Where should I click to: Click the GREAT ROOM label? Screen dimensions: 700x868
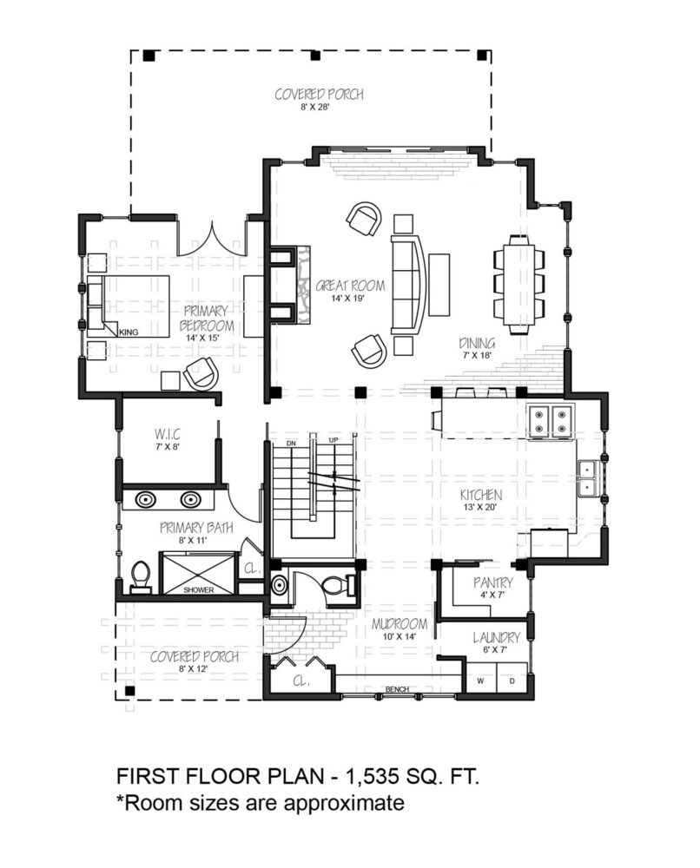pyautogui.click(x=350, y=286)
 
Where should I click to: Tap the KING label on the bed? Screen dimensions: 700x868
pyautogui.click(x=129, y=332)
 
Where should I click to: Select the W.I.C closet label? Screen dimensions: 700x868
pyautogui.click(x=168, y=433)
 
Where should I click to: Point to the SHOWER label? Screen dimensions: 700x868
pyautogui.click(x=198, y=590)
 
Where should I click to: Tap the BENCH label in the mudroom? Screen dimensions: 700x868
pyautogui.click(x=397, y=689)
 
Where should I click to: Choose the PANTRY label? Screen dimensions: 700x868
pyautogui.click(x=493, y=582)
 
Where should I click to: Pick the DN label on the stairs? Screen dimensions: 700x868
pyautogui.click(x=291, y=444)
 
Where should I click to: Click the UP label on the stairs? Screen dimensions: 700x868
pyautogui.click(x=333, y=440)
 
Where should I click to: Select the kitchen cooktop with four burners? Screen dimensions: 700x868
pyautogui.click(x=551, y=421)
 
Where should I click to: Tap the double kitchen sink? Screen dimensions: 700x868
pyautogui.click(x=586, y=478)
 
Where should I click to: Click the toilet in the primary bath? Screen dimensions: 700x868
pyautogui.click(x=141, y=578)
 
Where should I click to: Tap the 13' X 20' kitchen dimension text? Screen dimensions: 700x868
pyautogui.click(x=481, y=507)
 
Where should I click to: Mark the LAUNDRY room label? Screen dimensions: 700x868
pyautogui.click(x=496, y=638)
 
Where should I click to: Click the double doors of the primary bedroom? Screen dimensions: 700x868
pyautogui.click(x=212, y=240)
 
